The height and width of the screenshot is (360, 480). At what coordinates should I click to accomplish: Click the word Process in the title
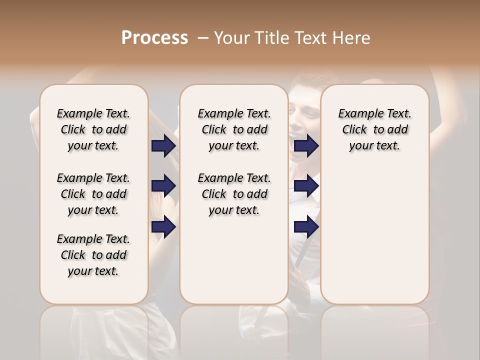pyautogui.click(x=154, y=38)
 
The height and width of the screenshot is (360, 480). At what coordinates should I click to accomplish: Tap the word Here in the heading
pyautogui.click(x=350, y=38)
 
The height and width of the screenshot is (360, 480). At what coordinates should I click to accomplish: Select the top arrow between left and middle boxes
pyautogui.click(x=163, y=146)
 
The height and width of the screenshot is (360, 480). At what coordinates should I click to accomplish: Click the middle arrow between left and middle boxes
pyautogui.click(x=163, y=186)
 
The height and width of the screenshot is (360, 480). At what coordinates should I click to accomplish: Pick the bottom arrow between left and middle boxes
pyautogui.click(x=163, y=227)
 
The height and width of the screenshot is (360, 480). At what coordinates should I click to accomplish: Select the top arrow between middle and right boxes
pyautogui.click(x=306, y=146)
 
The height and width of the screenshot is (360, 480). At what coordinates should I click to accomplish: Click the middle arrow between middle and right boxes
pyautogui.click(x=306, y=186)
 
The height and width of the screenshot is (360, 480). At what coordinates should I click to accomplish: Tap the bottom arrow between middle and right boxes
pyautogui.click(x=306, y=227)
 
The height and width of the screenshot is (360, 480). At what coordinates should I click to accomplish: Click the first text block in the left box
pyautogui.click(x=93, y=129)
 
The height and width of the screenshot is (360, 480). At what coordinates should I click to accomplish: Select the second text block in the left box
pyautogui.click(x=93, y=194)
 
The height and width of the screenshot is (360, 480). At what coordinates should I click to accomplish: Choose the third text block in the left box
pyautogui.click(x=93, y=255)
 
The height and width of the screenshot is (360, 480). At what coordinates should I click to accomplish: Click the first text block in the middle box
pyautogui.click(x=234, y=129)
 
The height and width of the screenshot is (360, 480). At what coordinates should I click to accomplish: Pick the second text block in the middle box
pyautogui.click(x=234, y=194)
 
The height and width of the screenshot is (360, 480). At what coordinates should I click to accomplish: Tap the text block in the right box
pyautogui.click(x=374, y=129)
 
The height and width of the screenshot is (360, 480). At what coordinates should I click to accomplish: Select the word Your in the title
pyautogui.click(x=231, y=38)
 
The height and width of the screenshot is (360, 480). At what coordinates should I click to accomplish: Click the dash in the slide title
pyautogui.click(x=203, y=38)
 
